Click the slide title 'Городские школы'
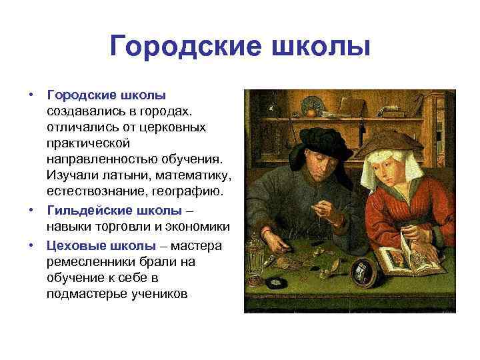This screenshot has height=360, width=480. point(239,47)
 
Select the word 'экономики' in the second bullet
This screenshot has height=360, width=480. point(199,228)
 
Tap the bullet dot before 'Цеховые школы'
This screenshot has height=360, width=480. point(31,245)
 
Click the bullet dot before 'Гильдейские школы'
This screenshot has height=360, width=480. point(31,211)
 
